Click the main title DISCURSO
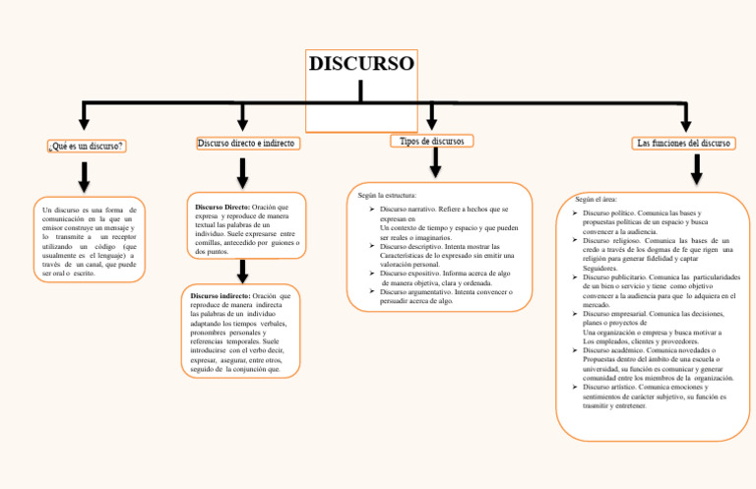pos(361,65)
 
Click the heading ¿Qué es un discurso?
pos(86,147)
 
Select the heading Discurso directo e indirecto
pos(247,144)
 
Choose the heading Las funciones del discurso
pos(684,144)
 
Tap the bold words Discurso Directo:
pos(222,208)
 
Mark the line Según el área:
pos(596,200)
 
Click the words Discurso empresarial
pos(617,314)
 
